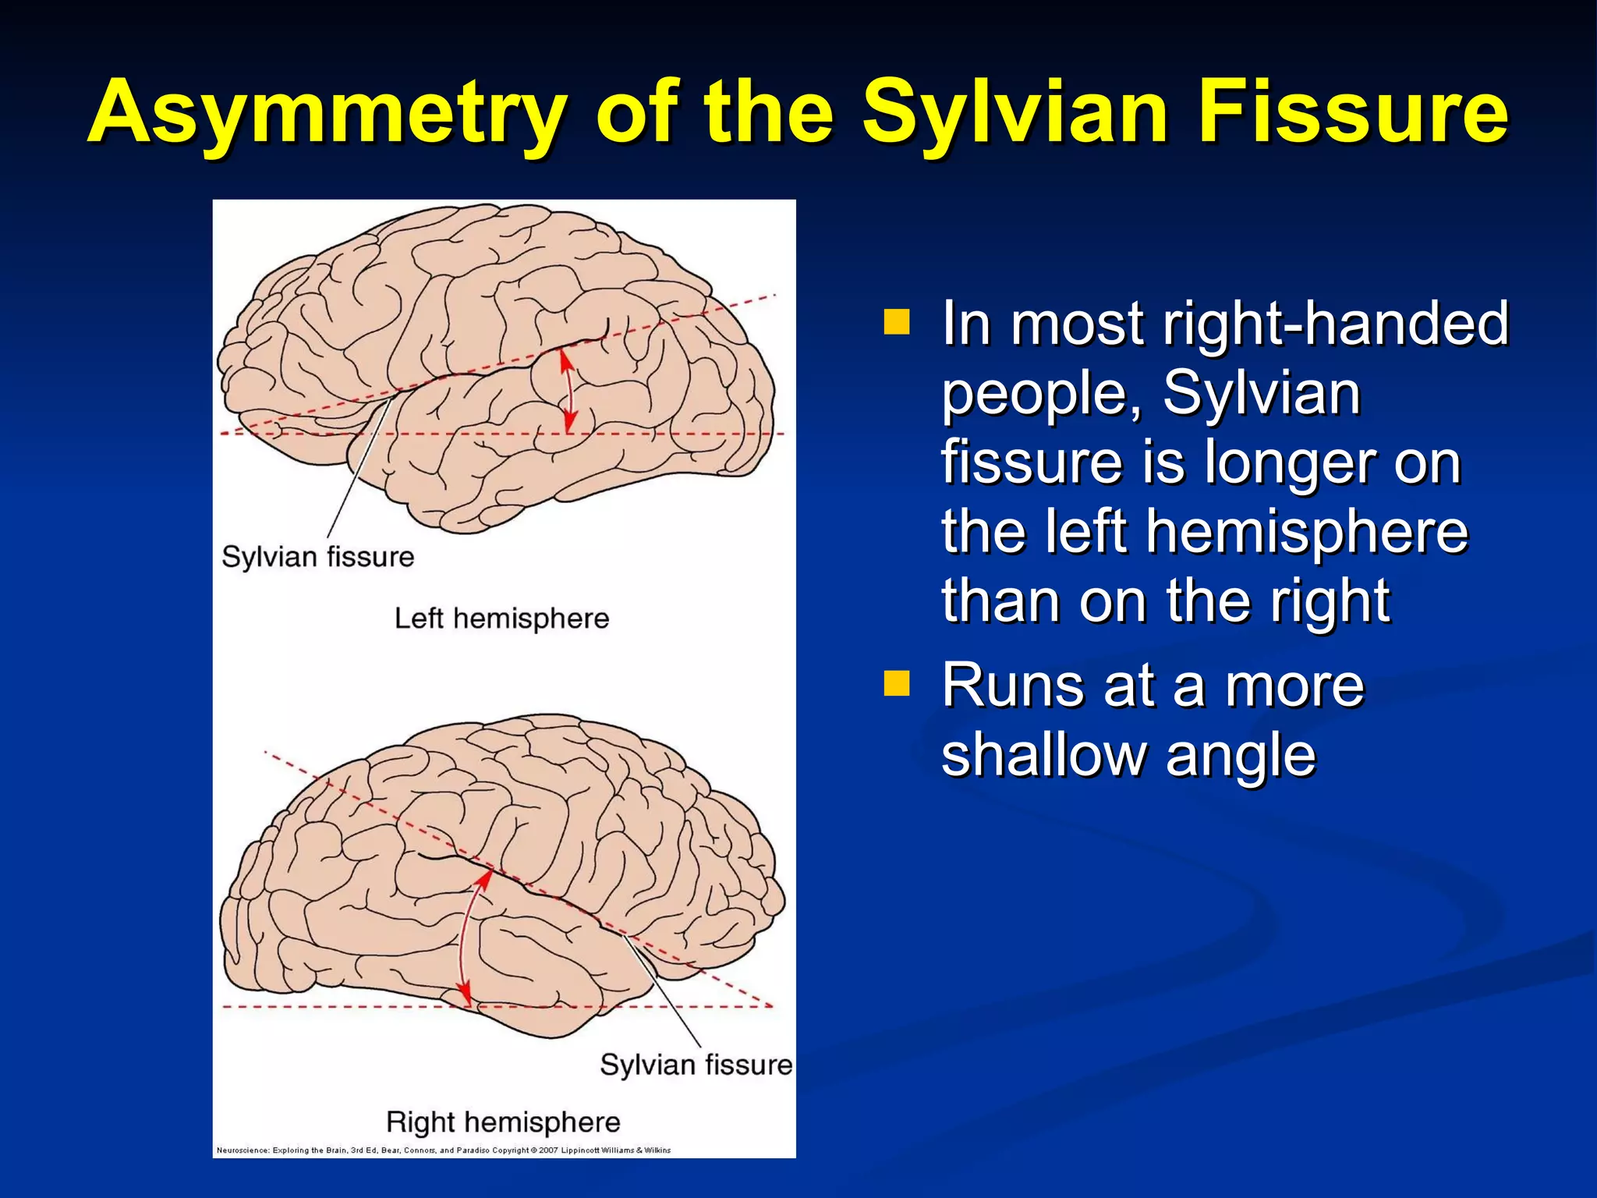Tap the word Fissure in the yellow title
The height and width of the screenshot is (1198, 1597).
pos(1352,113)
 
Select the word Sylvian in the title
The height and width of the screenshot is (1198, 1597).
pos(1014,113)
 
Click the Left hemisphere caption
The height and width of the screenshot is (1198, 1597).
pos(501,618)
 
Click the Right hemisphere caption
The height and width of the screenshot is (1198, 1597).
pos(503,1122)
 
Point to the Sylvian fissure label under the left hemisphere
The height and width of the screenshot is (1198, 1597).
pos(317,557)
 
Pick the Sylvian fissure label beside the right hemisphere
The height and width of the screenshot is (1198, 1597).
pos(696,1065)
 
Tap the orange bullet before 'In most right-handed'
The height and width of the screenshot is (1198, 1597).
pos(897,322)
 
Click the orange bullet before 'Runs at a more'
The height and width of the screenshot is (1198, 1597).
pos(897,683)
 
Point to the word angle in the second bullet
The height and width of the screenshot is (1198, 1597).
pos(1240,757)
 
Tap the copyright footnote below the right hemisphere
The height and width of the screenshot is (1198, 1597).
pos(443,1150)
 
